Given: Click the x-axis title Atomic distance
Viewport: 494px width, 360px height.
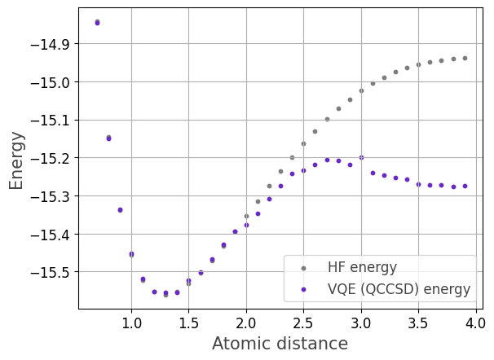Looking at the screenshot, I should coord(280,344).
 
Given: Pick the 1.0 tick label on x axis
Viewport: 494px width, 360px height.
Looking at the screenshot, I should coord(131,323).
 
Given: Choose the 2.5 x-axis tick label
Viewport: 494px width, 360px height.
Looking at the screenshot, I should coord(303,323).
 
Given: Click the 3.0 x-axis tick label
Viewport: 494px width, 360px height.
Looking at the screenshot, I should coord(361,323).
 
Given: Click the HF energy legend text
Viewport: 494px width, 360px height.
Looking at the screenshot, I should coord(362,267).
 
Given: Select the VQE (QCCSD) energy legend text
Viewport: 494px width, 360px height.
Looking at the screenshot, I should coord(399,288).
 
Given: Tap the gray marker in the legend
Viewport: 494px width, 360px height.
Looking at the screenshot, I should coord(303,267).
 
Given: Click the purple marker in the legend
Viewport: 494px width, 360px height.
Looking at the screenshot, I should coord(303,288).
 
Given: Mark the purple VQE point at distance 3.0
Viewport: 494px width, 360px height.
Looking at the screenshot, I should coord(361,157).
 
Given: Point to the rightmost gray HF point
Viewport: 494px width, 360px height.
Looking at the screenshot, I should coord(465,58).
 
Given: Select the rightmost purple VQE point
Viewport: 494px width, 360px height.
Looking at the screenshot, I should coord(465,186).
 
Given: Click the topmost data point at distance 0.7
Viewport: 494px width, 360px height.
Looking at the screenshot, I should coord(97,22).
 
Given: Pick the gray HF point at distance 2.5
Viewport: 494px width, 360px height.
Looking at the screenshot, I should coord(303,143).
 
